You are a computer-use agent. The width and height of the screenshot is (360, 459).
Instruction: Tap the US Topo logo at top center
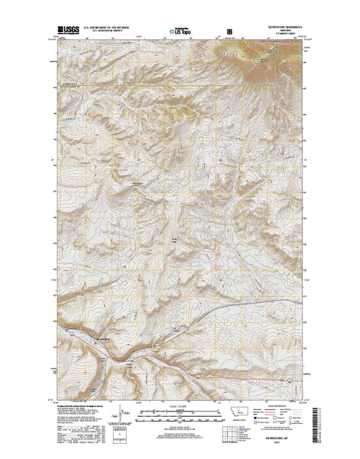click(x=180, y=31)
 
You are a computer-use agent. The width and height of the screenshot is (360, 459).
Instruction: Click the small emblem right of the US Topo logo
click(x=227, y=32)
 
